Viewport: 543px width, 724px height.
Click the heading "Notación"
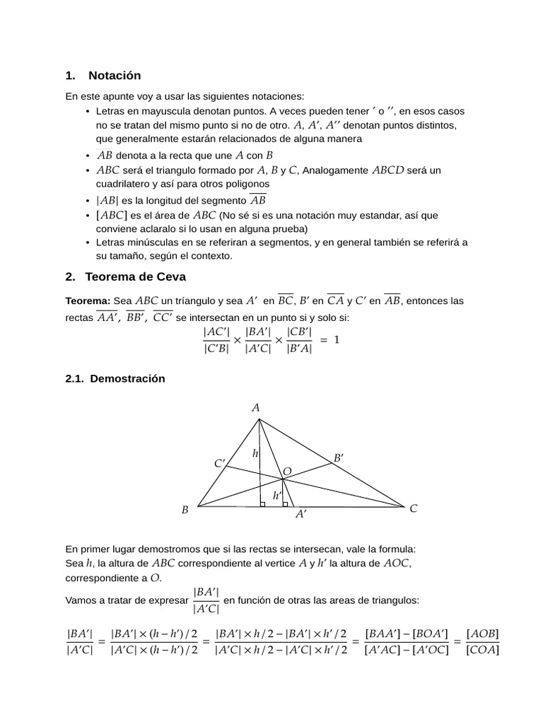[115, 76]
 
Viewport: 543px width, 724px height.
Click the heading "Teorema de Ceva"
[135, 276]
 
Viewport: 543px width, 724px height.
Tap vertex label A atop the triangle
[256, 408]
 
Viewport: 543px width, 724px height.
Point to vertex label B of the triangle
[185, 510]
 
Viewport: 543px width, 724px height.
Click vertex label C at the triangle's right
[414, 508]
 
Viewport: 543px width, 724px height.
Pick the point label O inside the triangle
[287, 472]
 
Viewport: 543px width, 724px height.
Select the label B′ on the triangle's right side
[339, 458]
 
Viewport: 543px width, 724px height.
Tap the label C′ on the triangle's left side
[220, 464]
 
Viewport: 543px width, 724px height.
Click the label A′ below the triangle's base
[301, 515]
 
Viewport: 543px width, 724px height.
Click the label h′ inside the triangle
[277, 496]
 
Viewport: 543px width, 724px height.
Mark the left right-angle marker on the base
[262, 504]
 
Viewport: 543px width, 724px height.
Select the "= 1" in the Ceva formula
[329, 340]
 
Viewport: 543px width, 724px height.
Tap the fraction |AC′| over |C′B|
[216, 340]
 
